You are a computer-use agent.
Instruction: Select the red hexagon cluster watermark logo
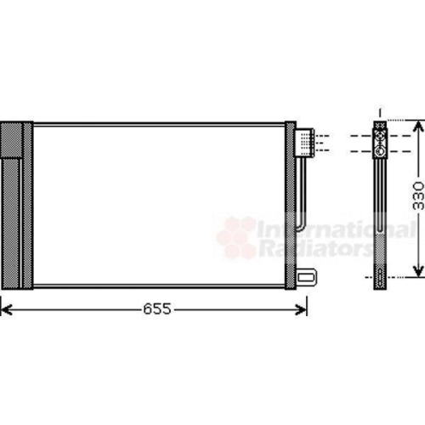tap(236, 236)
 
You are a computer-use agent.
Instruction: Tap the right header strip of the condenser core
tap(290, 204)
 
